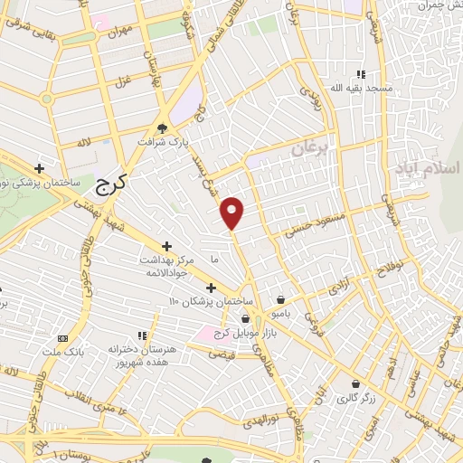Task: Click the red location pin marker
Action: pyautogui.click(x=233, y=213)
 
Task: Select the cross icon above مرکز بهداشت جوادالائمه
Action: pyautogui.click(x=166, y=246)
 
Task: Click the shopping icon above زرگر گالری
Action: pyautogui.click(x=355, y=383)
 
